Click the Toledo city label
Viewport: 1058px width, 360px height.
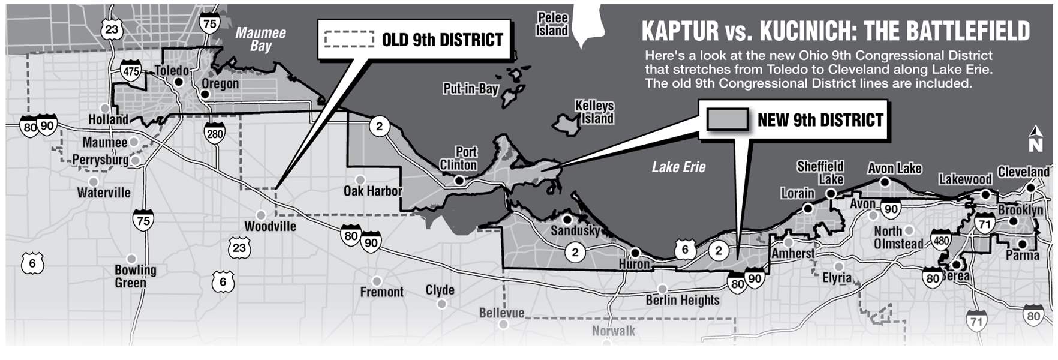pyautogui.click(x=172, y=71)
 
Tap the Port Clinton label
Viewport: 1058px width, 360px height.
pyautogui.click(x=459, y=158)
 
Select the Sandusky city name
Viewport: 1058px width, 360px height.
pyautogui.click(x=575, y=230)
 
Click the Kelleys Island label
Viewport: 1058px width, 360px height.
pyautogui.click(x=594, y=112)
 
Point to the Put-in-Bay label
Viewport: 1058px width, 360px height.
pyautogui.click(x=471, y=89)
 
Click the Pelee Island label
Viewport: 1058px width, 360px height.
pyautogui.click(x=552, y=24)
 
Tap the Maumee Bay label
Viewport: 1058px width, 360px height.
pyautogui.click(x=260, y=39)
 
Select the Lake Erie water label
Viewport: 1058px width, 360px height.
pyautogui.click(x=679, y=167)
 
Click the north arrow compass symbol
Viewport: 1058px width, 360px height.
pyautogui.click(x=1035, y=138)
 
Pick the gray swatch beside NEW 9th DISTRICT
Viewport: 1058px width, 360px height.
pyautogui.click(x=728, y=119)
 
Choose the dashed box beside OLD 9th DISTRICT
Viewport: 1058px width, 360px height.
pyautogui.click(x=349, y=40)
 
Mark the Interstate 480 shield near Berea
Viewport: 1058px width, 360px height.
pyautogui.click(x=940, y=241)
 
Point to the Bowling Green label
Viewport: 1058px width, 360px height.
pyautogui.click(x=135, y=276)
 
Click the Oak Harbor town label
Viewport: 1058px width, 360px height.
pyautogui.click(x=372, y=191)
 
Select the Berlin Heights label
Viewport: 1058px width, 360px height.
pyautogui.click(x=682, y=300)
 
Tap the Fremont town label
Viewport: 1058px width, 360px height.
pyautogui.click(x=381, y=292)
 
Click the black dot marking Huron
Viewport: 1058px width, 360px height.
pyautogui.click(x=635, y=253)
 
